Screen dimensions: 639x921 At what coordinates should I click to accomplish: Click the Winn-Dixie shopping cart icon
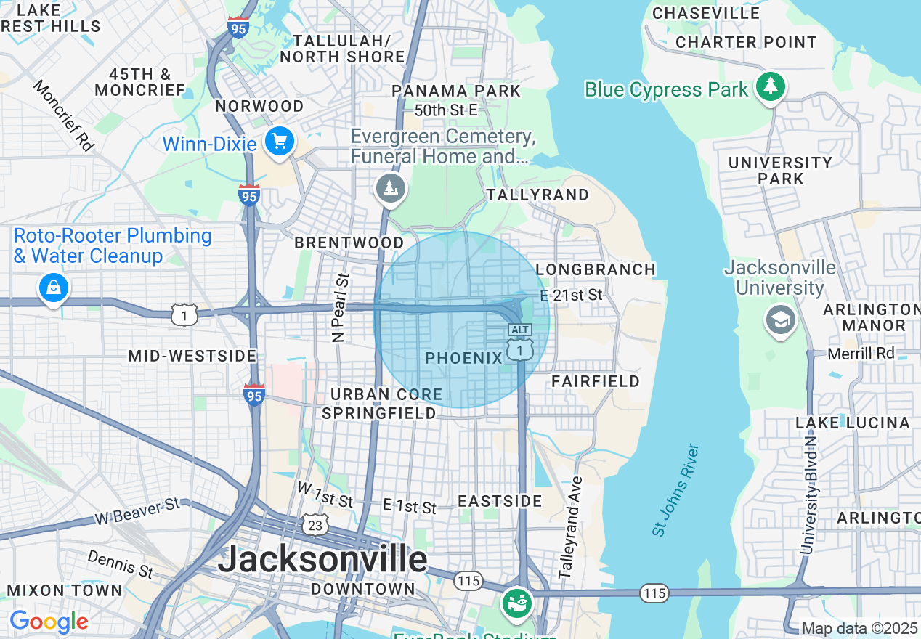280,141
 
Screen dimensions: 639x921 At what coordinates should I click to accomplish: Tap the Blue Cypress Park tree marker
770,87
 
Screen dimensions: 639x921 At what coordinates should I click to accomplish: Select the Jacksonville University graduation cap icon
780,319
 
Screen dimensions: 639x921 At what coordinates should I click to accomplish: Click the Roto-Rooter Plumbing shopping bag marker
53,288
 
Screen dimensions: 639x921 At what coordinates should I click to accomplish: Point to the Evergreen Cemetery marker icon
391,189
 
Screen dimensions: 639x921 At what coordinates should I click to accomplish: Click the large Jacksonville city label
322,558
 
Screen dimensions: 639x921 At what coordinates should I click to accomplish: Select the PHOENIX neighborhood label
464,358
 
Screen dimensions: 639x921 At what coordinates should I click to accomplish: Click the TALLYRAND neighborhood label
537,195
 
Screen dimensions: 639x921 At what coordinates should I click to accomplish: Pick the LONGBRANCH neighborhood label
596,269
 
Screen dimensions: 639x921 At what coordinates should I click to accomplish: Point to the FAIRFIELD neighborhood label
596,381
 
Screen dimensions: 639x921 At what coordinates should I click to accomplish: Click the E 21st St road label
572,295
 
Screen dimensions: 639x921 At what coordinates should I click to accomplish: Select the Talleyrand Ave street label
572,527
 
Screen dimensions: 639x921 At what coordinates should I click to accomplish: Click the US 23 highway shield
317,524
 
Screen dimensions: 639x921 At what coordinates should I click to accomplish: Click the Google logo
49,622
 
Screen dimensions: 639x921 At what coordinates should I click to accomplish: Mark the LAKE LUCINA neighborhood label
852,423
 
